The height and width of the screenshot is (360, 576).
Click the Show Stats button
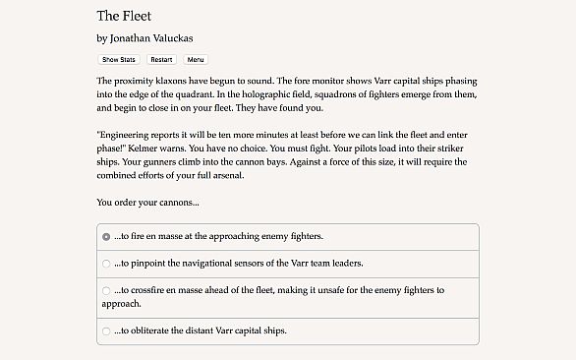[x=118, y=60]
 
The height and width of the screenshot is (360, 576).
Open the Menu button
[x=196, y=60]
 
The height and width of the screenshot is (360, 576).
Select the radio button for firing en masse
[x=106, y=237]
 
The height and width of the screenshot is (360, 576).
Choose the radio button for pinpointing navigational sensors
[x=106, y=264]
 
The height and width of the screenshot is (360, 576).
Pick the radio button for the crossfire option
[x=106, y=291]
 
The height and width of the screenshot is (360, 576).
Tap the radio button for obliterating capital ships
[x=106, y=331]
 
